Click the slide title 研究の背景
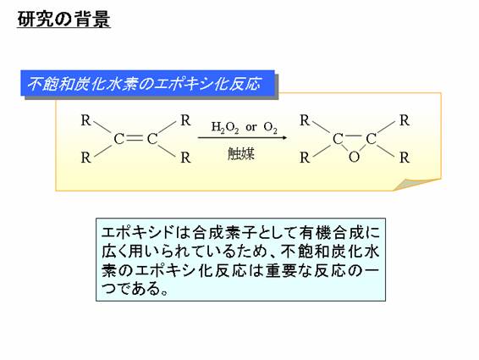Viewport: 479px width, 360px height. point(63,19)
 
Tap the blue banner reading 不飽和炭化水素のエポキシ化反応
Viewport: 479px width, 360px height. point(147,83)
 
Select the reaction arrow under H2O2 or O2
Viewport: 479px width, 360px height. point(242,137)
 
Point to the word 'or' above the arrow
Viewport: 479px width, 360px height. point(251,127)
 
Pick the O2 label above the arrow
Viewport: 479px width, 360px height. point(270,127)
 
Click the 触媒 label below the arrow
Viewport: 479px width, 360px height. point(241,153)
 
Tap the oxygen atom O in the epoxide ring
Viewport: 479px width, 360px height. point(354,158)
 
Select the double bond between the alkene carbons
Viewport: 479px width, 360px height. point(135,139)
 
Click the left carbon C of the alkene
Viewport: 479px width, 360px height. point(118,139)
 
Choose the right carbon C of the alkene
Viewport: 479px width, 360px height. point(152,139)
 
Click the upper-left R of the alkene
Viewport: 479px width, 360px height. point(86,120)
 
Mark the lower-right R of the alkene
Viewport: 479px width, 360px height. point(185,158)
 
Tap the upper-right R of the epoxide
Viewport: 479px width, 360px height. point(405,120)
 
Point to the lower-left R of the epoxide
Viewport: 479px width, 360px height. point(305,158)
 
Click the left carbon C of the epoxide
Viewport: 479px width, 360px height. point(338,139)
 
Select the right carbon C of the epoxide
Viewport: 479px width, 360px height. point(371,139)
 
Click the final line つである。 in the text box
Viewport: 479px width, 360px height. point(135,288)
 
